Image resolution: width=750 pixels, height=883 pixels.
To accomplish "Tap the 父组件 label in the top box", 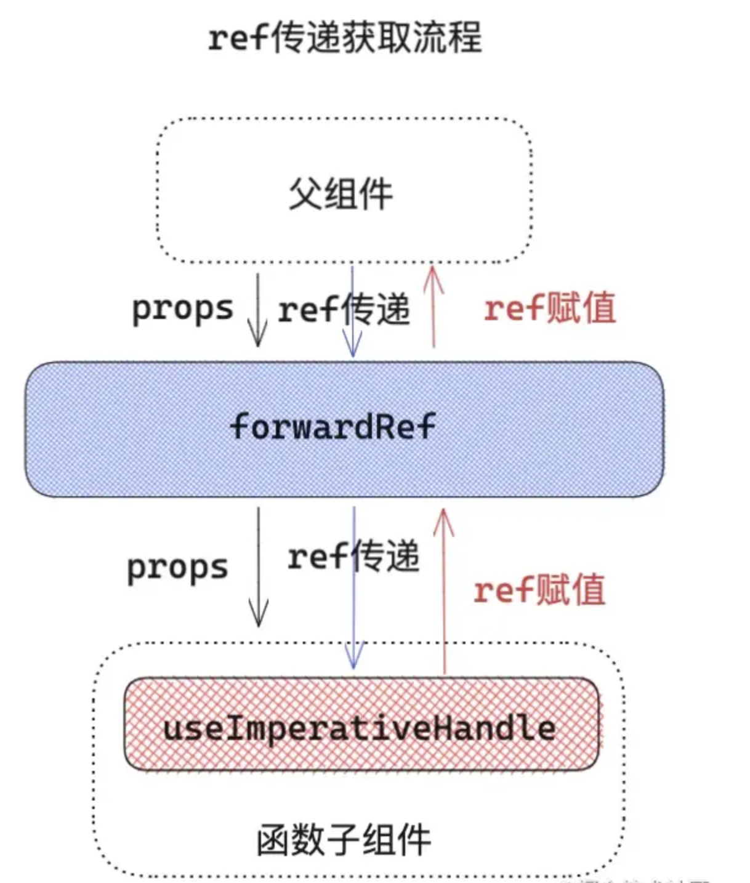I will pyautogui.click(x=341, y=194).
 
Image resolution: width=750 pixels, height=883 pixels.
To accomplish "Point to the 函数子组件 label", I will pyautogui.click(x=344, y=840).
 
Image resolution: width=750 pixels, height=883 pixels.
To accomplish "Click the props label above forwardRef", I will pyautogui.click(x=183, y=308).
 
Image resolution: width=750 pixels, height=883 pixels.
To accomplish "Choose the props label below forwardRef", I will pyautogui.click(x=177, y=568).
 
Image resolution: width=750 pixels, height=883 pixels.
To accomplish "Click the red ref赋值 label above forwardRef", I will pyautogui.click(x=550, y=308).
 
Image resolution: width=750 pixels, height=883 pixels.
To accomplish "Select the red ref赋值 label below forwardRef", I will pyautogui.click(x=539, y=590).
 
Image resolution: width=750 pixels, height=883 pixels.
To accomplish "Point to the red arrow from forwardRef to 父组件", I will pyautogui.click(x=433, y=308).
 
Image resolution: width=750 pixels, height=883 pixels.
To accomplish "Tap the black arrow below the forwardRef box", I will pyautogui.click(x=259, y=566).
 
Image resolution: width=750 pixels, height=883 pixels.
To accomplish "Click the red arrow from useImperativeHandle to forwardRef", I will pyautogui.click(x=443, y=591).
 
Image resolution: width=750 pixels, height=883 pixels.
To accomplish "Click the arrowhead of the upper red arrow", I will pyautogui.click(x=433, y=274).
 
